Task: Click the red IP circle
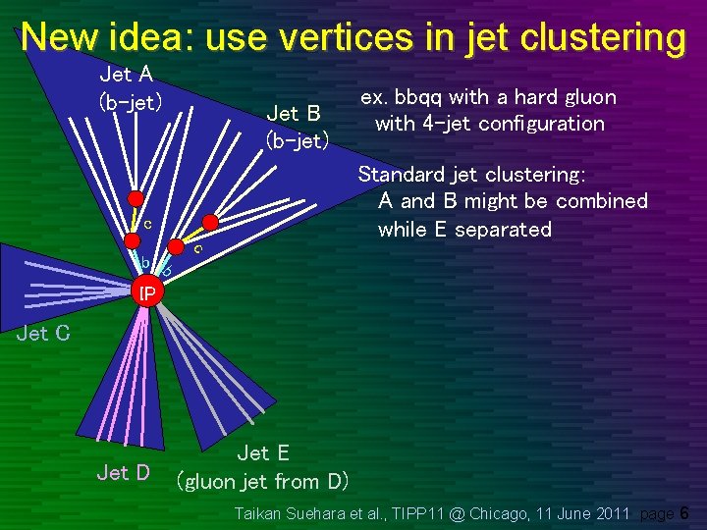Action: click(x=146, y=291)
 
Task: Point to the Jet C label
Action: click(x=43, y=333)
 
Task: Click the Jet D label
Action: click(x=123, y=473)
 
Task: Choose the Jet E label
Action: click(x=263, y=452)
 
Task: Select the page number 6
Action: click(x=684, y=513)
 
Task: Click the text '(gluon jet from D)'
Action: click(x=262, y=481)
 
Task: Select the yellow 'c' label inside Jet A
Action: click(x=146, y=224)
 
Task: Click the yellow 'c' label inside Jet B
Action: click(x=198, y=249)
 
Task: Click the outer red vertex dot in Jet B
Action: click(x=208, y=223)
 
